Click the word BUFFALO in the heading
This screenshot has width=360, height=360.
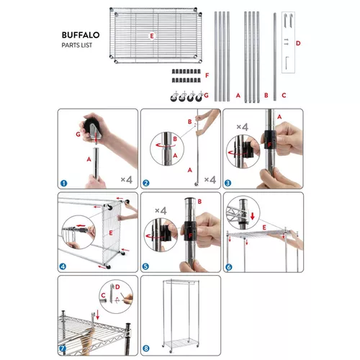point(81,35)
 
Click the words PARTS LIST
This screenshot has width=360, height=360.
point(77,45)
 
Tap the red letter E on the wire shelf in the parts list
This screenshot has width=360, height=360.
point(152,36)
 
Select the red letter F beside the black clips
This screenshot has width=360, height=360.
point(207,76)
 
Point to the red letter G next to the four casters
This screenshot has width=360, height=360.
point(206,95)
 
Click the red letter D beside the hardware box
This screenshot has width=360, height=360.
point(298,43)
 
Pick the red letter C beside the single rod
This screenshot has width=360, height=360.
point(284,95)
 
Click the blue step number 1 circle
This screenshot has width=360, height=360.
point(63,184)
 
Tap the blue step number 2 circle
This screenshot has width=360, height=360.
point(146,183)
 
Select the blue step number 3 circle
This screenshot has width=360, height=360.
point(228,183)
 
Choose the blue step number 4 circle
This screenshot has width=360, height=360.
point(63,266)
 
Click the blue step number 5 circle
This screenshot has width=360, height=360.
point(145,266)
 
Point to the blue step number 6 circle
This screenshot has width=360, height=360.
point(229,267)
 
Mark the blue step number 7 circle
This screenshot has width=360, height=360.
point(63,348)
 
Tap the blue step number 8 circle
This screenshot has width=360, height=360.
point(146,348)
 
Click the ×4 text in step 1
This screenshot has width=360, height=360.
point(127,179)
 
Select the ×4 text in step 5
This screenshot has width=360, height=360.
point(161,210)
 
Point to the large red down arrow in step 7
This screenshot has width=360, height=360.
point(97,315)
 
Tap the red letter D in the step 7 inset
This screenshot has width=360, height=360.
point(117,287)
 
